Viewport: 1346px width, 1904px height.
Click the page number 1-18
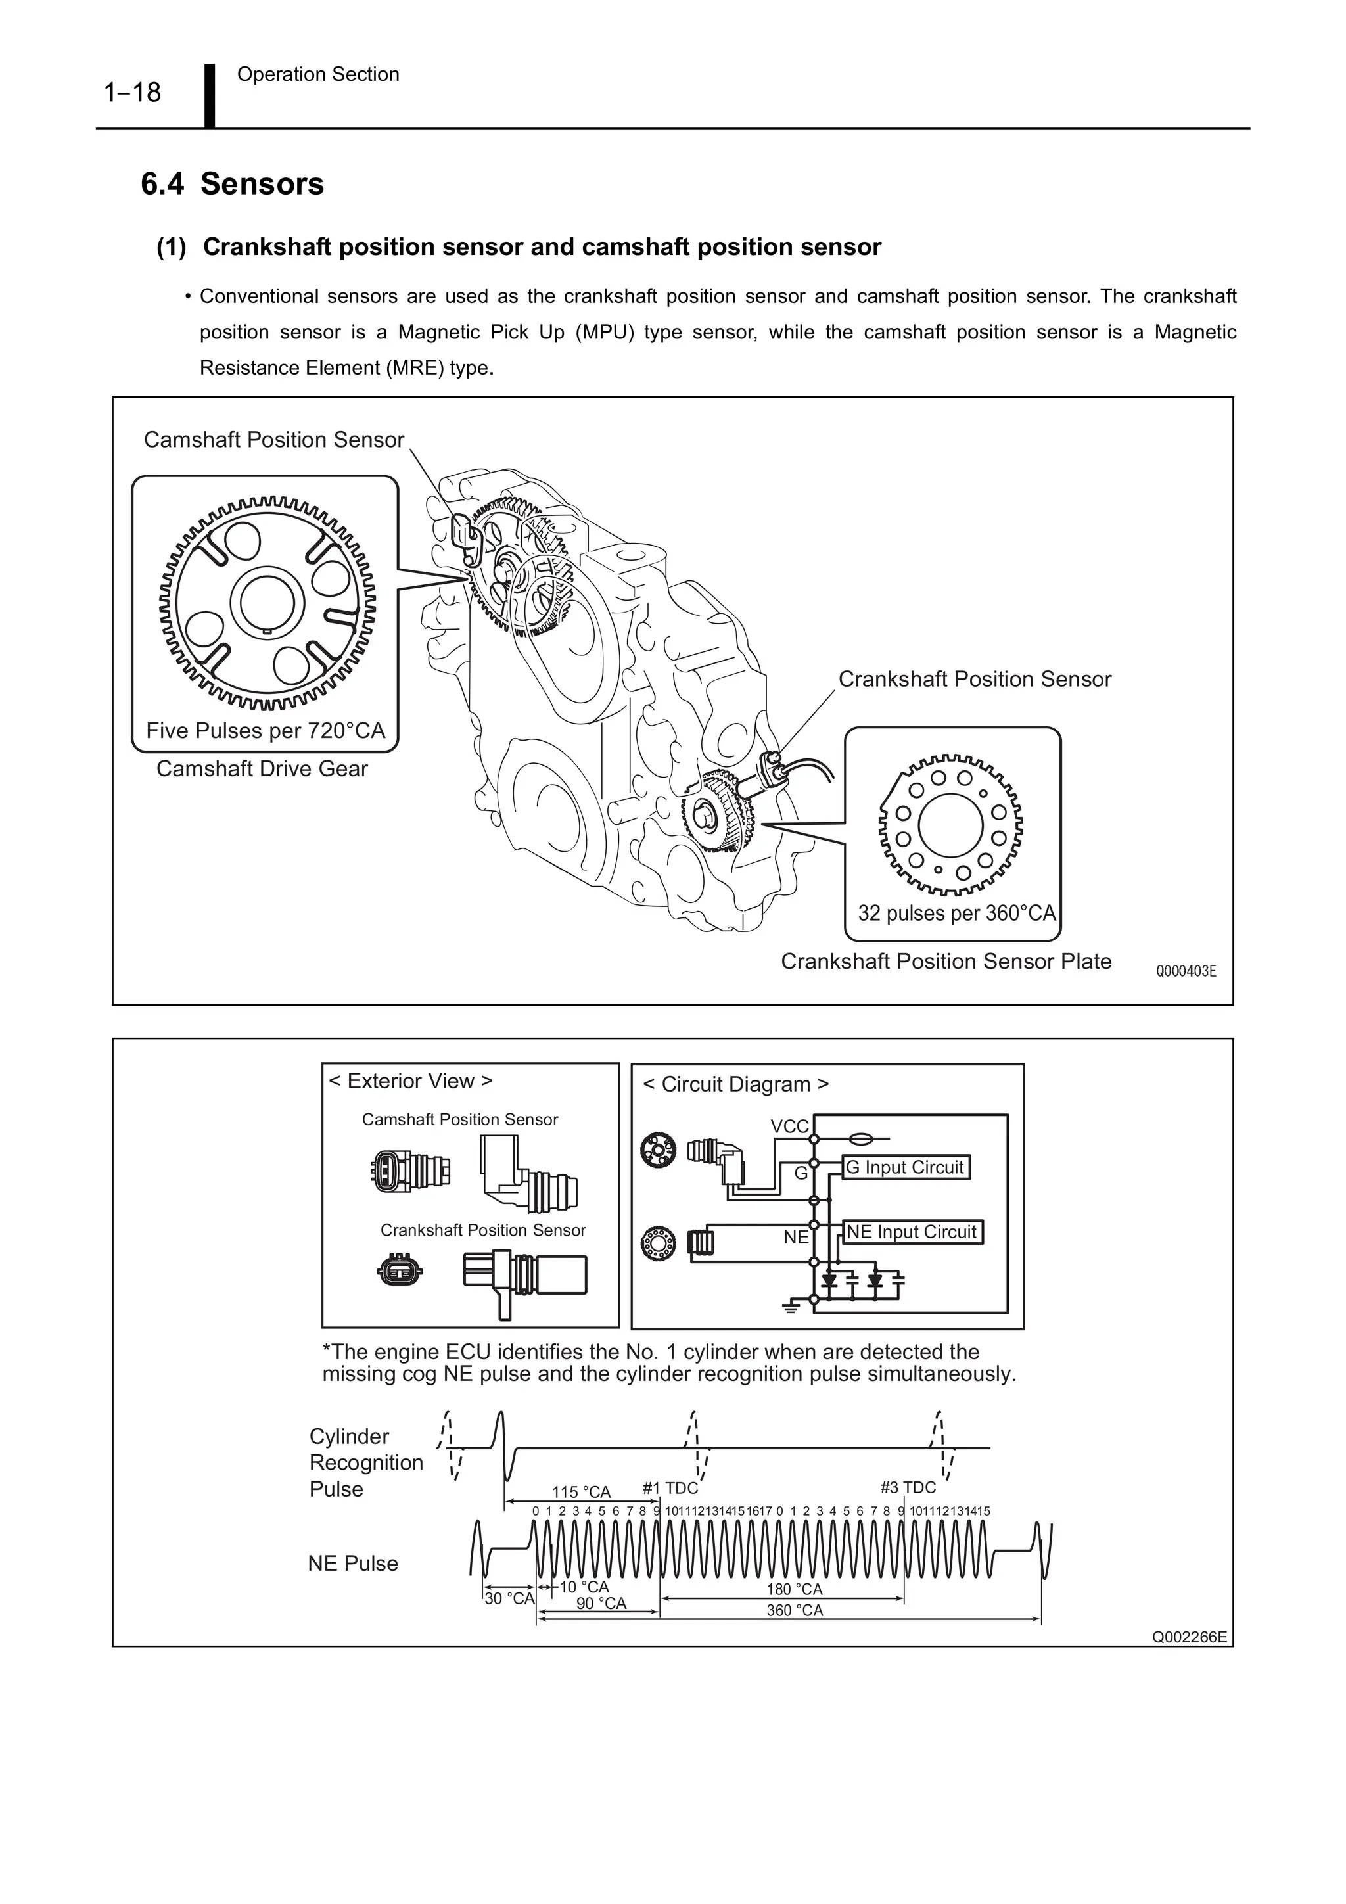click(x=133, y=92)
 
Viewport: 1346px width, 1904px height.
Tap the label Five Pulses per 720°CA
click(x=266, y=731)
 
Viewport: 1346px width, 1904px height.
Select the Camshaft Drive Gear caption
click(x=262, y=769)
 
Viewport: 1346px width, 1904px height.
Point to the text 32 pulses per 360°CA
click(x=956, y=913)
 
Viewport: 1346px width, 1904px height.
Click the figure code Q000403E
click(x=1186, y=971)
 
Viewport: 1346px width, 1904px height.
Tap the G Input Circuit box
click(x=905, y=1168)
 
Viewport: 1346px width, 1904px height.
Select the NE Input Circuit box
click(x=912, y=1232)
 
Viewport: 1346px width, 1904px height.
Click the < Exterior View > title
click(x=411, y=1081)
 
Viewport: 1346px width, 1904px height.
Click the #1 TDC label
click(x=670, y=1488)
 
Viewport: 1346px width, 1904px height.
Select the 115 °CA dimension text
click(x=582, y=1492)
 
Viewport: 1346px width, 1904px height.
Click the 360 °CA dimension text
click(x=795, y=1610)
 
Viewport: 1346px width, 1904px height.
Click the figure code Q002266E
click(x=1188, y=1638)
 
